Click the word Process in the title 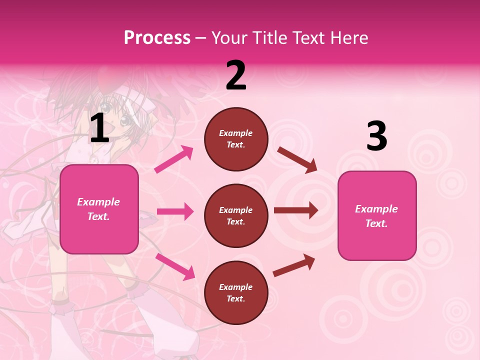[x=157, y=37]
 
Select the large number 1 [x=99, y=128]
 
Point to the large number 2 [x=236, y=75]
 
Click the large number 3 [x=376, y=136]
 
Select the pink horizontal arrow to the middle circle [x=175, y=211]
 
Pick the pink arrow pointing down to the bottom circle [x=175, y=266]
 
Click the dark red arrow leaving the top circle [x=297, y=160]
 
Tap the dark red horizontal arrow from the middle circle [x=296, y=210]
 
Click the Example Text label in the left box [x=98, y=209]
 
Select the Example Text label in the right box [x=376, y=216]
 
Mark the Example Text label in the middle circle [x=236, y=215]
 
